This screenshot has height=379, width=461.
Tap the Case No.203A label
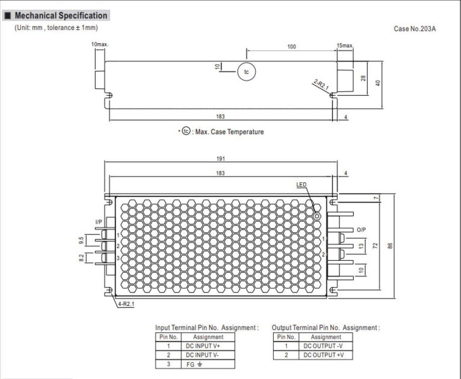(x=415, y=28)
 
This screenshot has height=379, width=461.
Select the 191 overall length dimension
(x=220, y=159)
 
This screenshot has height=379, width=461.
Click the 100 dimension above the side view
(x=291, y=47)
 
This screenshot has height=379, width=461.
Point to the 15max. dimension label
(x=345, y=45)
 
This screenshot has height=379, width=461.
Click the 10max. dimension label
(x=100, y=44)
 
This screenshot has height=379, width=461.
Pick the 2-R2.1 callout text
(x=321, y=84)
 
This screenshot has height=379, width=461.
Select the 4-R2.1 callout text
(x=126, y=304)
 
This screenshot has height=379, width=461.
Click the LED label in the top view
(x=301, y=185)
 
